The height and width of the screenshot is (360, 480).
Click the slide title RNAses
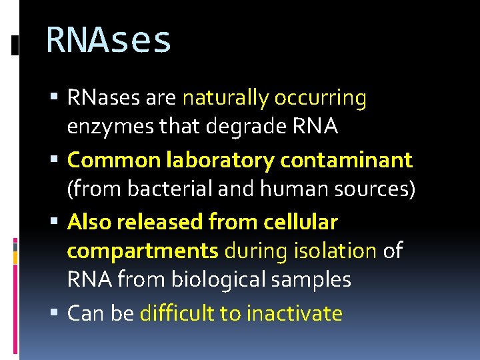[109, 40]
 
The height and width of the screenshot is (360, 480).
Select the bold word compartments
[143, 251]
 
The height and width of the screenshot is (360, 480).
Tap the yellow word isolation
[334, 251]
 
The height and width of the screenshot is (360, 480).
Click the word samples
[313, 280]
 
